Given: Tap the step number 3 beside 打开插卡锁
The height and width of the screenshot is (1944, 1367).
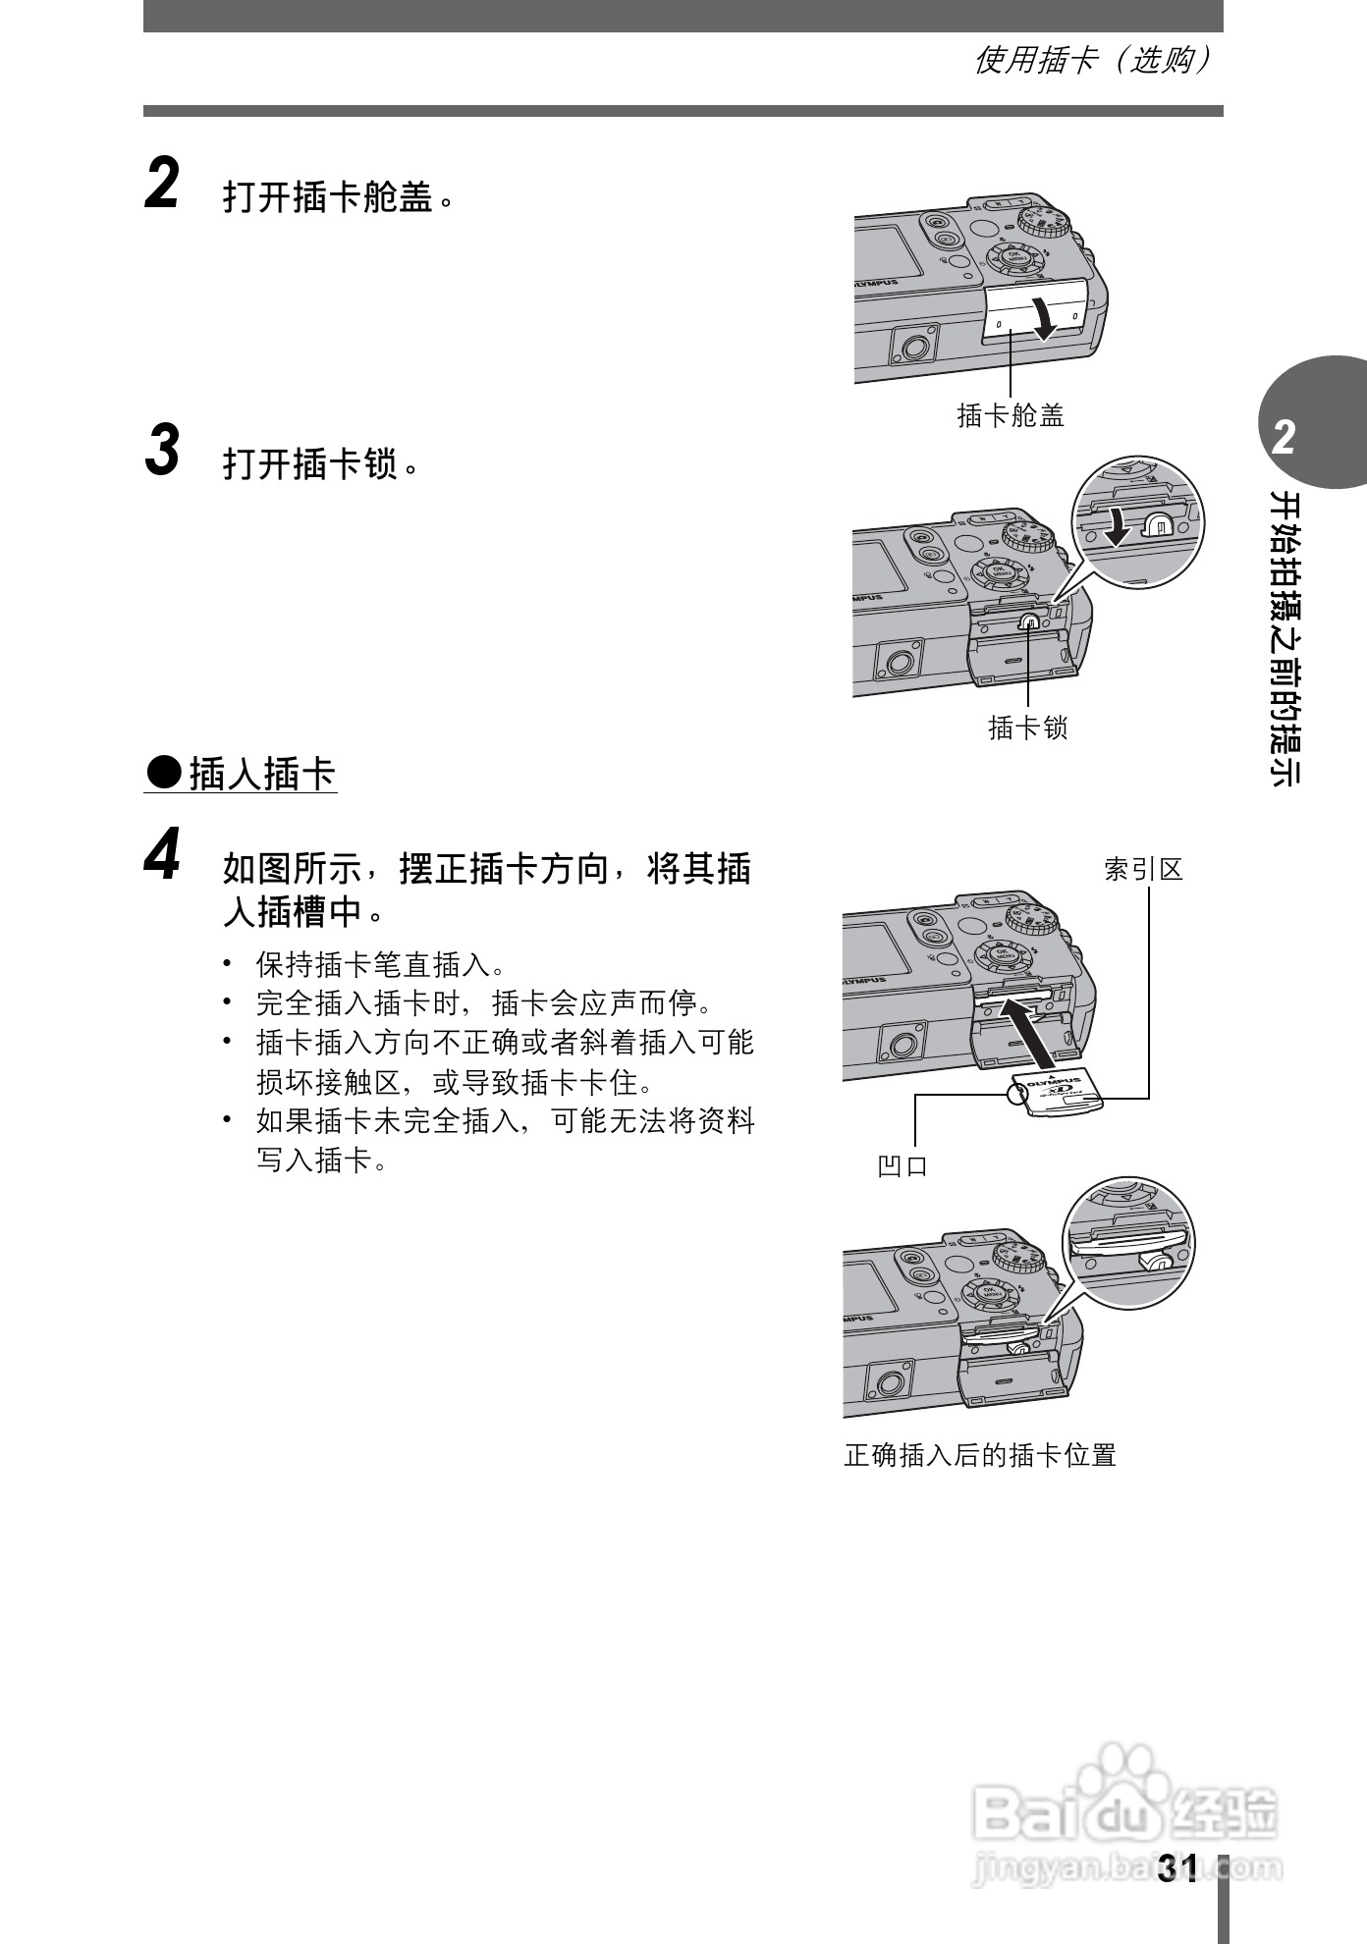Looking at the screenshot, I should point(162,451).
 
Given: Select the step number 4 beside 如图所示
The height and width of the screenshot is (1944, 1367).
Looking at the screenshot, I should point(162,855).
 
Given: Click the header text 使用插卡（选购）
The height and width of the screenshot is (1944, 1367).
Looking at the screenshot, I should point(1090,61).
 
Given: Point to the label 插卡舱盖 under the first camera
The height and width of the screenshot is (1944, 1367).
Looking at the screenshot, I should point(1011,415).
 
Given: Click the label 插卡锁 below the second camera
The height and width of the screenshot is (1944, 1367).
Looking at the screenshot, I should point(1027,728).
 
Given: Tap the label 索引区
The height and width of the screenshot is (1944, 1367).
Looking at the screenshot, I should point(1143,869).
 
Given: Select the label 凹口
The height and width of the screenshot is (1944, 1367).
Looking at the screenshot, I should point(902,1165).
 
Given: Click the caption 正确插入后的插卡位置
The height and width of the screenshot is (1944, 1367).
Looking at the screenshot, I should point(980,1455).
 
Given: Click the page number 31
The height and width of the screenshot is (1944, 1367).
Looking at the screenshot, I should point(1177,1870).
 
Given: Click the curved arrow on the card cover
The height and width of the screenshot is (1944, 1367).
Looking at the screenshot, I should point(1045,317).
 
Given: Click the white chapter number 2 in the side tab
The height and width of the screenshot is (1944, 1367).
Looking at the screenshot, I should point(1284,437).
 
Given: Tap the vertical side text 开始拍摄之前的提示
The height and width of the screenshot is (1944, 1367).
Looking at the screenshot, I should point(1285,638).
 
